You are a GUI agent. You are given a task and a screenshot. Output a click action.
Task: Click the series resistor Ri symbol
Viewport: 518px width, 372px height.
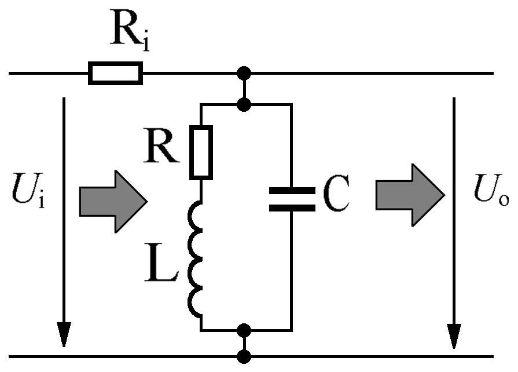115,73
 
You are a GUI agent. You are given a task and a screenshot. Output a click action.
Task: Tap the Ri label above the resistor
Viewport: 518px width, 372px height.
130,30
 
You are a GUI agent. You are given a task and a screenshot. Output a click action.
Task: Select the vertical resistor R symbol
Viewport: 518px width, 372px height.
201,152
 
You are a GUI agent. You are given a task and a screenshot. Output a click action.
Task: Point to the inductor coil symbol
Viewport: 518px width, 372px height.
195,259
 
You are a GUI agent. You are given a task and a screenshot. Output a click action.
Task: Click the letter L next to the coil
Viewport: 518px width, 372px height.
161,262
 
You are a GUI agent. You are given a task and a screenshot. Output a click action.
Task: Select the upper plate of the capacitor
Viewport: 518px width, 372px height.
292,191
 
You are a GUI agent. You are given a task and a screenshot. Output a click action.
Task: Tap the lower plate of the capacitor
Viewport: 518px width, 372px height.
292,208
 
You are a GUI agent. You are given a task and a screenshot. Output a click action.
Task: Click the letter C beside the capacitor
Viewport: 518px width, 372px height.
336,194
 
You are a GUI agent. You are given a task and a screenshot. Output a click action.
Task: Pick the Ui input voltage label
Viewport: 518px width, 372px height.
28,190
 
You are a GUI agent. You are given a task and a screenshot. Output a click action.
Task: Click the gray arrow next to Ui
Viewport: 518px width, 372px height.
113,202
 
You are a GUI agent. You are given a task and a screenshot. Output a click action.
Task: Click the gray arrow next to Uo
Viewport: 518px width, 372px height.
410,195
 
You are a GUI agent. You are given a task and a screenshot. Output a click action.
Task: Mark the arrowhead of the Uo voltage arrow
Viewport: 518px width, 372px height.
454,335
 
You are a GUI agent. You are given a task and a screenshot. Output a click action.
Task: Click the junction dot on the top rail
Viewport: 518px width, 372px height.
244,73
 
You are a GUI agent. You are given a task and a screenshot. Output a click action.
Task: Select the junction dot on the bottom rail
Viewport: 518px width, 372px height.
244,356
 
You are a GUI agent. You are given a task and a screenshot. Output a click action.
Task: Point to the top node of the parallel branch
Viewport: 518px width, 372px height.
244,104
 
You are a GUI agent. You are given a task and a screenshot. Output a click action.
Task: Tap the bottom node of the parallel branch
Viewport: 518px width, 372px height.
244,330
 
